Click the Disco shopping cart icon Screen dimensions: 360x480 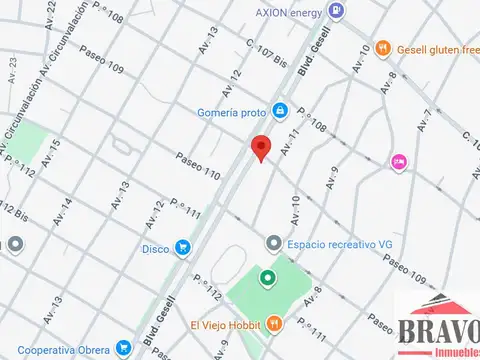click(x=182, y=247)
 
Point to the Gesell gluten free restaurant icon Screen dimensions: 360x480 click(x=382, y=47)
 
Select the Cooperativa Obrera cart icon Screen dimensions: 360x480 click(x=123, y=348)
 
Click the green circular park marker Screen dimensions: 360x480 click(x=267, y=279)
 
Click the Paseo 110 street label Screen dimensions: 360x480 click(x=197, y=166)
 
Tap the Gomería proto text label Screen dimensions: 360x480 click(x=232, y=112)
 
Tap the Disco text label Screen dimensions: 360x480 click(x=155, y=248)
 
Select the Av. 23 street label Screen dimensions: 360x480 click(x=13, y=71)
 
